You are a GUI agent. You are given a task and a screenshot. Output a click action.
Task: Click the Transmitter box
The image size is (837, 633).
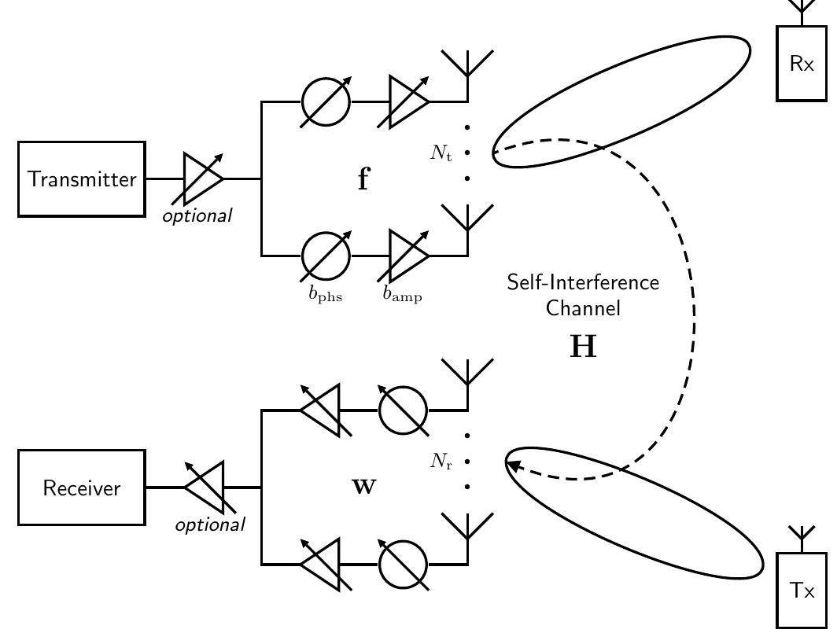[82, 179]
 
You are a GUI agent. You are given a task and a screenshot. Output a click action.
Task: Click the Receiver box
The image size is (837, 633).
[82, 488]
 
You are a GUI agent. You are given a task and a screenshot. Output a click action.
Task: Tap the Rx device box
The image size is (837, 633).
[802, 64]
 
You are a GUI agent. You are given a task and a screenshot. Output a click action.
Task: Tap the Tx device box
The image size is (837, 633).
[802, 591]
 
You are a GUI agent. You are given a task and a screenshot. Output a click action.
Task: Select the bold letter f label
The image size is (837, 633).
[363, 180]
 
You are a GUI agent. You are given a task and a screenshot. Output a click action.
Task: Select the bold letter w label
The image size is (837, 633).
[363, 487]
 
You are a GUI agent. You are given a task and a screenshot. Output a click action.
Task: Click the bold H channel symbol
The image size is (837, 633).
[583, 346]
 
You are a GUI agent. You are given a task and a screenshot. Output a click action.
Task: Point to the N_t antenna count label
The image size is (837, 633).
[441, 153]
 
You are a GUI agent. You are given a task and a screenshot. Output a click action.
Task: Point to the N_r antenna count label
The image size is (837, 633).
[441, 462]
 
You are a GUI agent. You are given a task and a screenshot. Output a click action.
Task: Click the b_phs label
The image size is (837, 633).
[325, 295]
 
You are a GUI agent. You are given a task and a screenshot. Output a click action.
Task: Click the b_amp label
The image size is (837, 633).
[402, 295]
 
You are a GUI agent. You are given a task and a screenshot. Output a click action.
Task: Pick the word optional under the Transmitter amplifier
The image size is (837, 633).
[197, 215]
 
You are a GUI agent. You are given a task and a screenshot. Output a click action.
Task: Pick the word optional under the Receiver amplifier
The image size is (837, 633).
[209, 524]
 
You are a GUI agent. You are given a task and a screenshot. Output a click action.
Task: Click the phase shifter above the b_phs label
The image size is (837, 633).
[326, 256]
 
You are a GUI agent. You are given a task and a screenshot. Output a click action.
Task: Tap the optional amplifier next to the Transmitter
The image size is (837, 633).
[201, 179]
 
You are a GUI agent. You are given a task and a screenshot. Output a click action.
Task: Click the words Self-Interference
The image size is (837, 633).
[583, 282]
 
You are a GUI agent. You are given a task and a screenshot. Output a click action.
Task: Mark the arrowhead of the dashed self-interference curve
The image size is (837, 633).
[511, 466]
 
